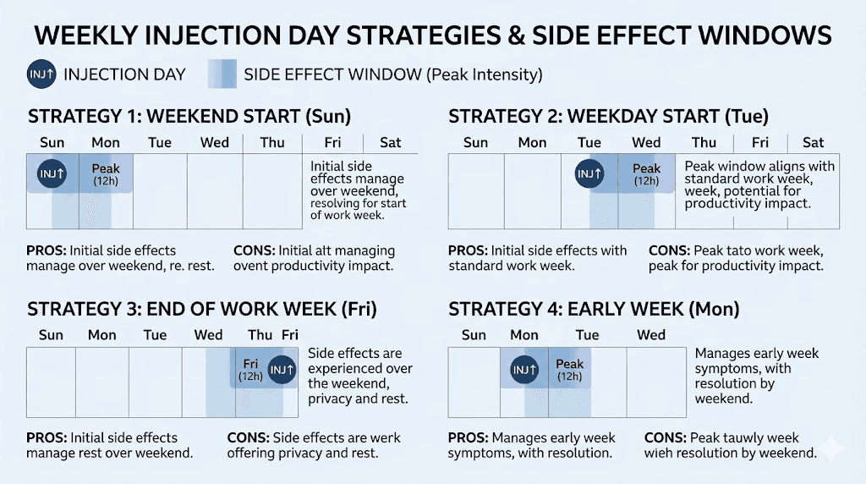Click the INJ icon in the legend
coord(41,74)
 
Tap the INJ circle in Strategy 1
coord(52,174)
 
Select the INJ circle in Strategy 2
coord(589,174)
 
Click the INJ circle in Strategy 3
coord(282,369)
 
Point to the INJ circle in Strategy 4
coord(524,369)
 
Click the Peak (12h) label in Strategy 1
coord(106,175)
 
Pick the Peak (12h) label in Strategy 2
coord(646,174)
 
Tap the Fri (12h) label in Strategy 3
coord(250,369)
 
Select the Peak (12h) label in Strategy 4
coord(570,370)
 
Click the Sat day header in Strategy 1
coord(391,142)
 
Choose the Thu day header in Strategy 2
coord(704,142)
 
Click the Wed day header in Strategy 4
coord(650,334)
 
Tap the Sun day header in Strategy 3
coord(51,334)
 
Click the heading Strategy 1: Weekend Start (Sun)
coord(189,116)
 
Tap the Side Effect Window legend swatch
coord(222,74)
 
